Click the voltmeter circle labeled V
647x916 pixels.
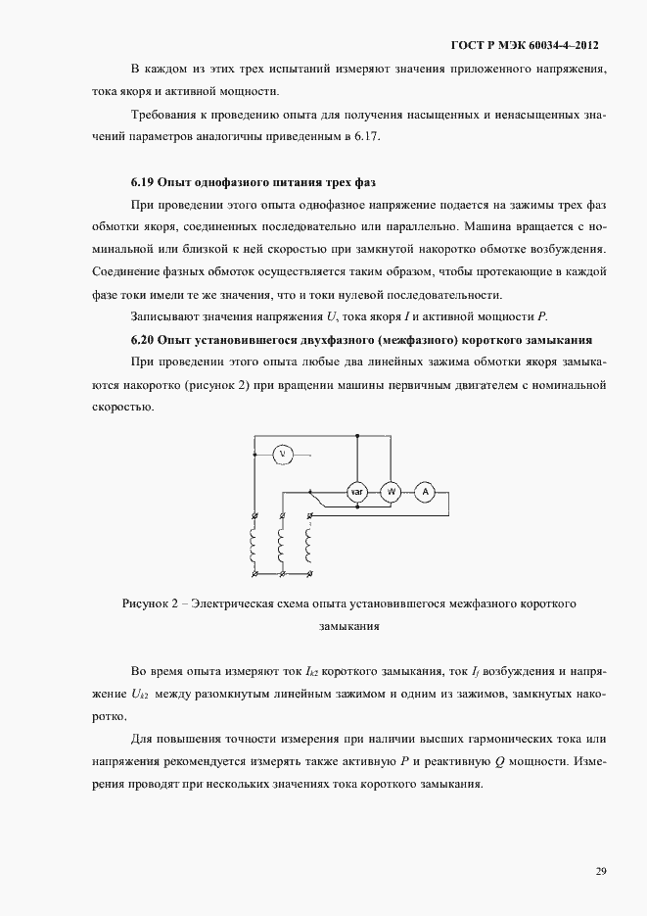pos(282,453)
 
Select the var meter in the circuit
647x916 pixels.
pos(357,493)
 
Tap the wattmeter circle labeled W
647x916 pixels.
pos(391,493)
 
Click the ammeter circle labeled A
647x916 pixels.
pos(424,493)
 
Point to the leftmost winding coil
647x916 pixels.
pos(254,545)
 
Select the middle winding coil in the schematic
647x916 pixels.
pos(282,545)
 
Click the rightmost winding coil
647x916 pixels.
pos(309,545)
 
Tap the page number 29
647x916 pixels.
pos(600,870)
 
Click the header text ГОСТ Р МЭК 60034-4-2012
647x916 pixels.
pos(525,45)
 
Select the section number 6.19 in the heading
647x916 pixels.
pos(143,182)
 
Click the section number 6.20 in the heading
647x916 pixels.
pos(143,340)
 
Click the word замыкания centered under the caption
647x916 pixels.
pos(348,624)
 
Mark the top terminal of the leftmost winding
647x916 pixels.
pos(254,516)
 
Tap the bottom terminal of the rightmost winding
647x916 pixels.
pos(309,573)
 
